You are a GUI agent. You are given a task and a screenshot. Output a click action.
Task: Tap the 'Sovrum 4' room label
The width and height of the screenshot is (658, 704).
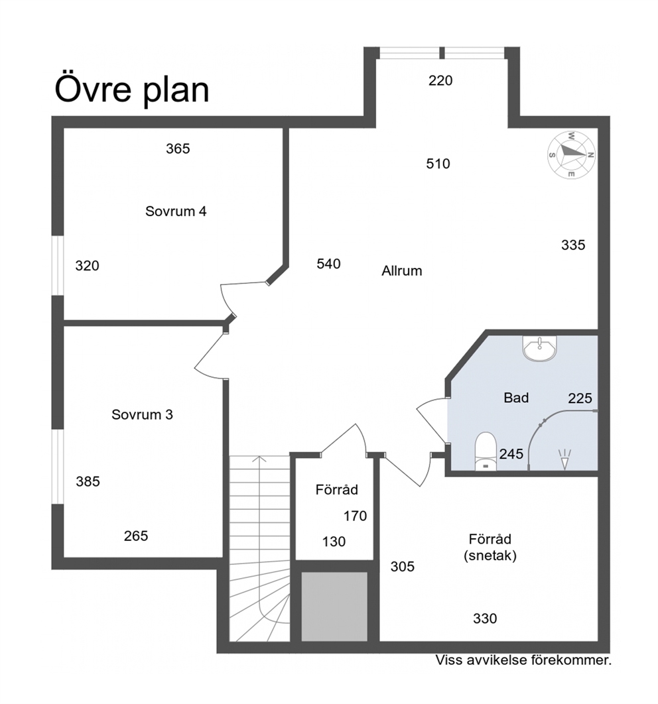pos(176,211)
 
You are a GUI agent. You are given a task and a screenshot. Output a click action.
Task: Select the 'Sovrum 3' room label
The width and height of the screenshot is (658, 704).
pos(142,414)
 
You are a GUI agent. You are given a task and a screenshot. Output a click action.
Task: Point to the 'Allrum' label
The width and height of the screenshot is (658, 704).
pos(401,270)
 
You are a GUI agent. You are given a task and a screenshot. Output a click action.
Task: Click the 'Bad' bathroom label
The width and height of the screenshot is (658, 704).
pos(516,397)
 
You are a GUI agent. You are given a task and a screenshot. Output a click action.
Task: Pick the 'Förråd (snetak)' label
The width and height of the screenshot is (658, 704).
pos(490,547)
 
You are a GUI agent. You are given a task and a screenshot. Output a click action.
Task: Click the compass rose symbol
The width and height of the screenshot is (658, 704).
pos(571,155)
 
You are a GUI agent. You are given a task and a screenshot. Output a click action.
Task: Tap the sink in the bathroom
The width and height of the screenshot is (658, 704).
pos(539,348)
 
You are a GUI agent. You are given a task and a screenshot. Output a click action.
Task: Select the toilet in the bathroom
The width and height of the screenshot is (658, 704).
pos(486,451)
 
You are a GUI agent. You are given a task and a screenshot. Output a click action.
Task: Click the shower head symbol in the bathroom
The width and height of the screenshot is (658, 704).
pos(564,459)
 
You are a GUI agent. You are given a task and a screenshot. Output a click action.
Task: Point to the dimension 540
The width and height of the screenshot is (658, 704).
pos(328,264)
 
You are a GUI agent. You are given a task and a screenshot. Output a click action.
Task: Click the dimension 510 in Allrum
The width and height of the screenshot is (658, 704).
pos(438,164)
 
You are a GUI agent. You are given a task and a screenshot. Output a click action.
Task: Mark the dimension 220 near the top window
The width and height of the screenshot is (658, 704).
pos(440,80)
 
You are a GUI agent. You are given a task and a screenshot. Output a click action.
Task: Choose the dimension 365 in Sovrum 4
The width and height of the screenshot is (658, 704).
pos(178,148)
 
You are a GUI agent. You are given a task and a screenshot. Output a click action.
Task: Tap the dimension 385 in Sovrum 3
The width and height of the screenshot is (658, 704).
pos(88,481)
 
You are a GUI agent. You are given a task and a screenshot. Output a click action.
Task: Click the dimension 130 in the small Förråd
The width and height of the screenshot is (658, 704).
pos(334,542)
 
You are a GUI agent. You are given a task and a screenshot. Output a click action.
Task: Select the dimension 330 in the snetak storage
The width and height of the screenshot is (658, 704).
pos(485,618)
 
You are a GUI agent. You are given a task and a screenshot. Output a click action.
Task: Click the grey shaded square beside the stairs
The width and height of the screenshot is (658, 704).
pos(334,606)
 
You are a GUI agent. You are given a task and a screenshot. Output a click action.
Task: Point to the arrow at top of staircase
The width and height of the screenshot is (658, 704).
pos(259,459)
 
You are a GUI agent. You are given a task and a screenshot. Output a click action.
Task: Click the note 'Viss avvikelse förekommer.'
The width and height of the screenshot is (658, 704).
pos(523,660)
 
